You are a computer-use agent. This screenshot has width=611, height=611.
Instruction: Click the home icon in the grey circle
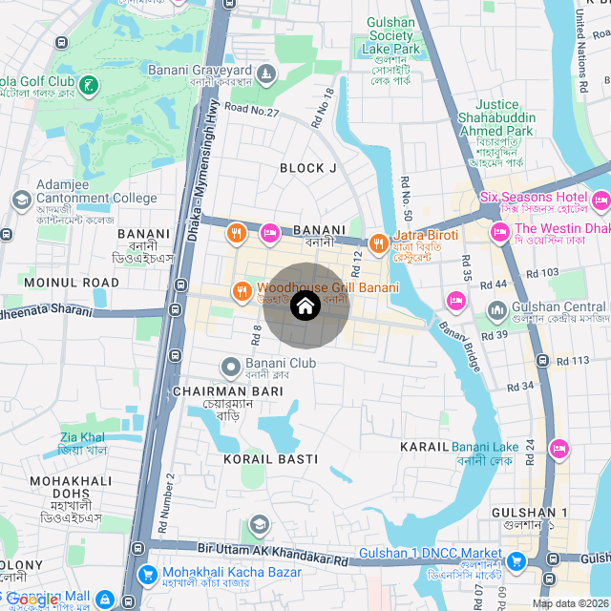coord(305,305)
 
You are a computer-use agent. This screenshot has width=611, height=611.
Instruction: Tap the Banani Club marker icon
coord(231,366)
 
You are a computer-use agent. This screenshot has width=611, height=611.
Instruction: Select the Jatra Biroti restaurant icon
coord(378,242)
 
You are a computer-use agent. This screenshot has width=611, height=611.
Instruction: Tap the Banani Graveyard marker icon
coord(266,72)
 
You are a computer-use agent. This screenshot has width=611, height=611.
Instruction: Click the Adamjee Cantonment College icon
coord(21,200)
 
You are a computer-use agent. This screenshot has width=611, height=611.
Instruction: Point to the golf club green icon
coord(89,86)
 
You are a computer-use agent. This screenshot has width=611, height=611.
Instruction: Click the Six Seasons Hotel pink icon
coord(600,200)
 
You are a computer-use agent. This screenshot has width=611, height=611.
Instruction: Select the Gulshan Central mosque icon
coord(496,310)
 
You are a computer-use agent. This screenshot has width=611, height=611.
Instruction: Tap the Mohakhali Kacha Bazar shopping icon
coord(147,575)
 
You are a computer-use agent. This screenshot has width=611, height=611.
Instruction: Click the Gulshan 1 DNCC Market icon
coord(516,560)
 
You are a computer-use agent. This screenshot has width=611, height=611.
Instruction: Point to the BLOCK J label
coord(308,168)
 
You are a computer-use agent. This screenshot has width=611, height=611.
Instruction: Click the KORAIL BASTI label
coord(270,459)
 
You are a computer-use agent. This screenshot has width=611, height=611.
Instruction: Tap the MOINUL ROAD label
coord(72,283)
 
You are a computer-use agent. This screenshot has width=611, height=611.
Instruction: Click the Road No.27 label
coord(252,112)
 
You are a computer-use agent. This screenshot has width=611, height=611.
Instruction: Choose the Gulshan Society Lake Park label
coord(391,36)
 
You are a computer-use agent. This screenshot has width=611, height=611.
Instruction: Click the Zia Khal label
coord(83,437)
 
